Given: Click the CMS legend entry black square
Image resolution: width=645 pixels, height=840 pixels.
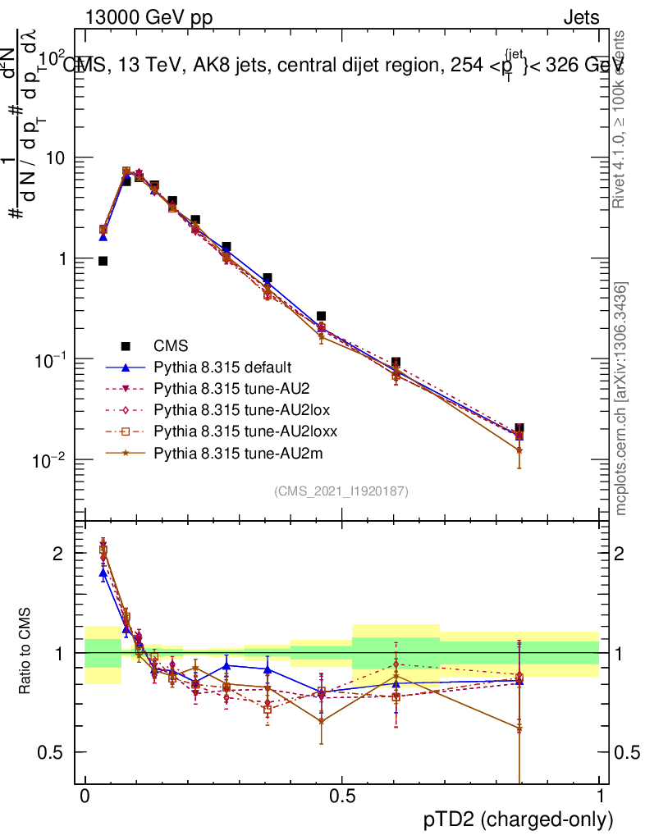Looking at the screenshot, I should pyautogui.click(x=126, y=345).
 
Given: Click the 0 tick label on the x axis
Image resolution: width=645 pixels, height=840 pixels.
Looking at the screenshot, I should pyautogui.click(x=85, y=797).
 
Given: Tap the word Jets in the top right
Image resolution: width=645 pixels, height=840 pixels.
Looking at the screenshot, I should pyautogui.click(x=581, y=17).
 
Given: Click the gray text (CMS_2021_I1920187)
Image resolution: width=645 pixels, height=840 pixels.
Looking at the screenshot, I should pyautogui.click(x=341, y=491).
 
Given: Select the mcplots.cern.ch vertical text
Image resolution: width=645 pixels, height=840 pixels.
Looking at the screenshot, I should pyautogui.click(x=621, y=398).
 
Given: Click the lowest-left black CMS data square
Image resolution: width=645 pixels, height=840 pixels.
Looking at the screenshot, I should pyautogui.click(x=103, y=261).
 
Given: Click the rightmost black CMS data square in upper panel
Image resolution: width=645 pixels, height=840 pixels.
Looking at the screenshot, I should pyautogui.click(x=519, y=429).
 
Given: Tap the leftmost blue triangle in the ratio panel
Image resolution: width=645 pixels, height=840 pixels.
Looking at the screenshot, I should pyautogui.click(x=103, y=573).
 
